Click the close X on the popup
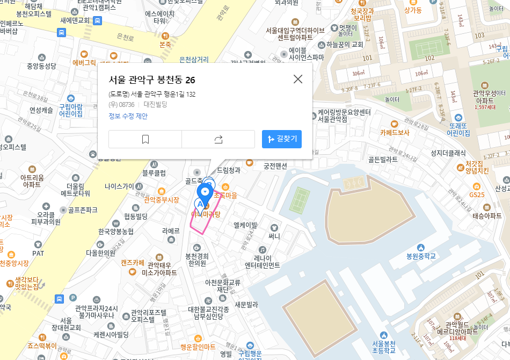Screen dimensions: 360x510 298,79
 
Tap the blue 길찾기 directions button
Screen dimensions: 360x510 282,139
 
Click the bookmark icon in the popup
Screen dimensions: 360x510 145,139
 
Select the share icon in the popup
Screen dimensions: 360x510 218,139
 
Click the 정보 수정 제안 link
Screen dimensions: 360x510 128,116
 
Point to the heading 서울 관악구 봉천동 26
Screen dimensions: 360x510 152,80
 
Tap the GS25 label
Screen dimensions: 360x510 477,194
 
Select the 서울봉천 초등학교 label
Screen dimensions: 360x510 383,347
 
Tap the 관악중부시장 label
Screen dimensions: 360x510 161,199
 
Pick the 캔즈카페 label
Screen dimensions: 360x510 133,263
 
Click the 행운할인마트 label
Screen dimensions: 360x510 198,347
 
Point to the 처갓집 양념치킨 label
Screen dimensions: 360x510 477,167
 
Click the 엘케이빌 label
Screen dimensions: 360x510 245,225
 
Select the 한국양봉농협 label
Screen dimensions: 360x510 115,231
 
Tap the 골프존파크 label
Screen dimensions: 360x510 82,210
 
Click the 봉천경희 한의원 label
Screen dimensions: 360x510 198,260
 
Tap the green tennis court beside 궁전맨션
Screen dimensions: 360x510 300,199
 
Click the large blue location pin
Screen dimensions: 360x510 205,192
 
